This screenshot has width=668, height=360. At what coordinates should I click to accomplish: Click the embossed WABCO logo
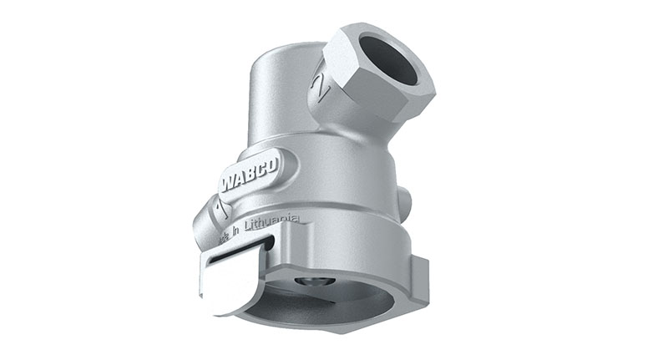coord(250,174)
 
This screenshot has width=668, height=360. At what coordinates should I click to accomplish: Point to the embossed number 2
coord(319,85)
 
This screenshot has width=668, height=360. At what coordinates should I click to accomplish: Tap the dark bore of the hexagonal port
coord(387,59)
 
